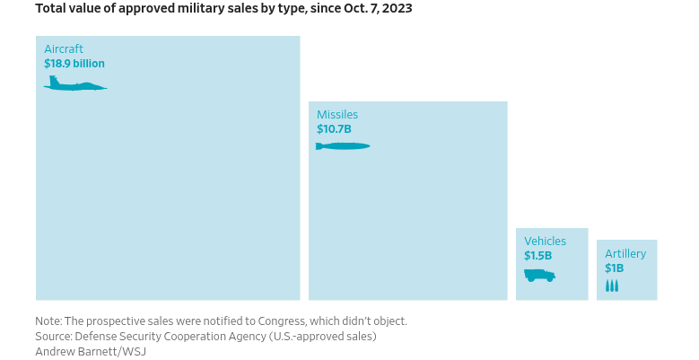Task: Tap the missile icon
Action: (x=343, y=146)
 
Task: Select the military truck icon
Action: (x=539, y=275)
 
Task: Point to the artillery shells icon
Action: (x=612, y=285)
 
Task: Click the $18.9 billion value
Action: (x=74, y=64)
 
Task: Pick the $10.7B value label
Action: (x=334, y=129)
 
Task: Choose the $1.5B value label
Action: (x=538, y=256)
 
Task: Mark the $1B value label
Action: (x=614, y=268)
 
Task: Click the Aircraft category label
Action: (x=64, y=49)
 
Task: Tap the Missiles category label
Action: (x=337, y=115)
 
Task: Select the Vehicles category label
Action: (x=546, y=241)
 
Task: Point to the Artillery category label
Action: (x=625, y=254)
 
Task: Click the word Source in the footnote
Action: (x=53, y=336)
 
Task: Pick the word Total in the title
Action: (x=50, y=8)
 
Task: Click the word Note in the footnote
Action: (x=48, y=320)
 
